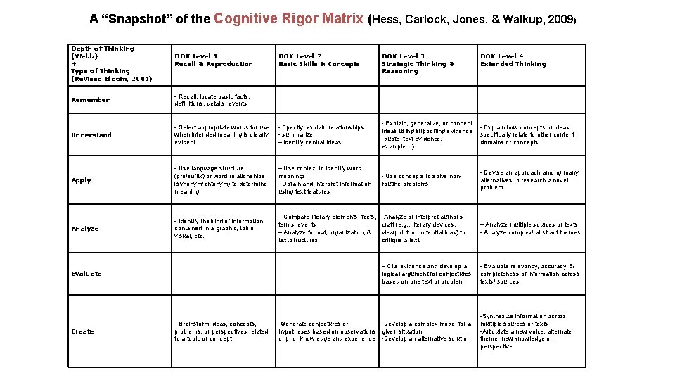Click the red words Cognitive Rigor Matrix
(x=289, y=18)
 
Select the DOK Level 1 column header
(x=213, y=60)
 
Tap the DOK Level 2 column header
(x=319, y=60)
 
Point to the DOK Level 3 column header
(x=418, y=63)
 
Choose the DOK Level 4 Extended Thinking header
(x=513, y=60)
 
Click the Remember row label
(x=90, y=100)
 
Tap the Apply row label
(x=82, y=180)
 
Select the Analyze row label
(x=85, y=229)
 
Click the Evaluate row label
(x=86, y=274)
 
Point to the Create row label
(x=82, y=331)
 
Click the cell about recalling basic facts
(x=212, y=100)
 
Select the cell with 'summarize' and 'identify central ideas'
(x=321, y=135)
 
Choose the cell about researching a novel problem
(x=529, y=180)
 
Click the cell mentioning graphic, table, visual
(x=219, y=229)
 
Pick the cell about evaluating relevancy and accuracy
(x=529, y=274)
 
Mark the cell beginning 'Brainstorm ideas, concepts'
(x=221, y=331)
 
